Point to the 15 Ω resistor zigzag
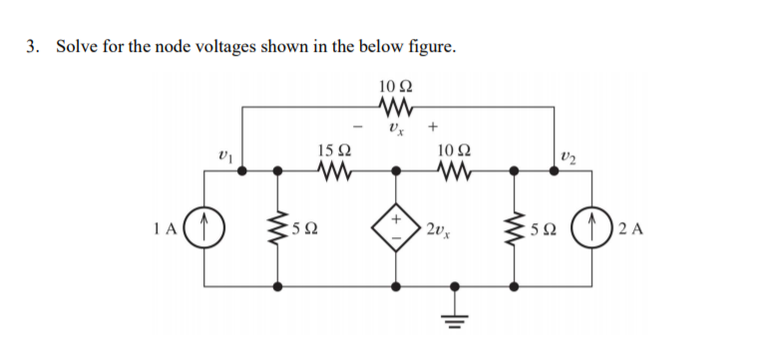pos(332,171)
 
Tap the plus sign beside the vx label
pos(433,128)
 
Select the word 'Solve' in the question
pos(76,47)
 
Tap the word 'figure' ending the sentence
pos(432,47)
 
